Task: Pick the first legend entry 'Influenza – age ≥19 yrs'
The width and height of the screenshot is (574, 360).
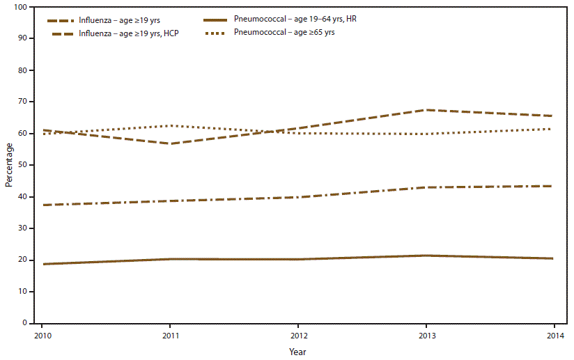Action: pos(113,20)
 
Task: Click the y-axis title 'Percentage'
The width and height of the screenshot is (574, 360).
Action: pos(9,165)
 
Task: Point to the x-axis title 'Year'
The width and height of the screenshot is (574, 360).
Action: pos(297,352)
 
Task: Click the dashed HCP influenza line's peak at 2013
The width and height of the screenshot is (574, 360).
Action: pos(426,110)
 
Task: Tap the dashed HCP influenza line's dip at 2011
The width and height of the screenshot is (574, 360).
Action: pos(170,143)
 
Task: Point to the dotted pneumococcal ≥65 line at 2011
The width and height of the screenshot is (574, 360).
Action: pos(170,125)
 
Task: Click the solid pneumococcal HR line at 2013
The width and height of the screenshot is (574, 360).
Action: pos(426,256)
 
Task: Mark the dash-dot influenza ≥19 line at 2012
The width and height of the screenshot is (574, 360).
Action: pos(298,197)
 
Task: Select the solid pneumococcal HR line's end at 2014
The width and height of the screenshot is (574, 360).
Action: pos(554,258)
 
